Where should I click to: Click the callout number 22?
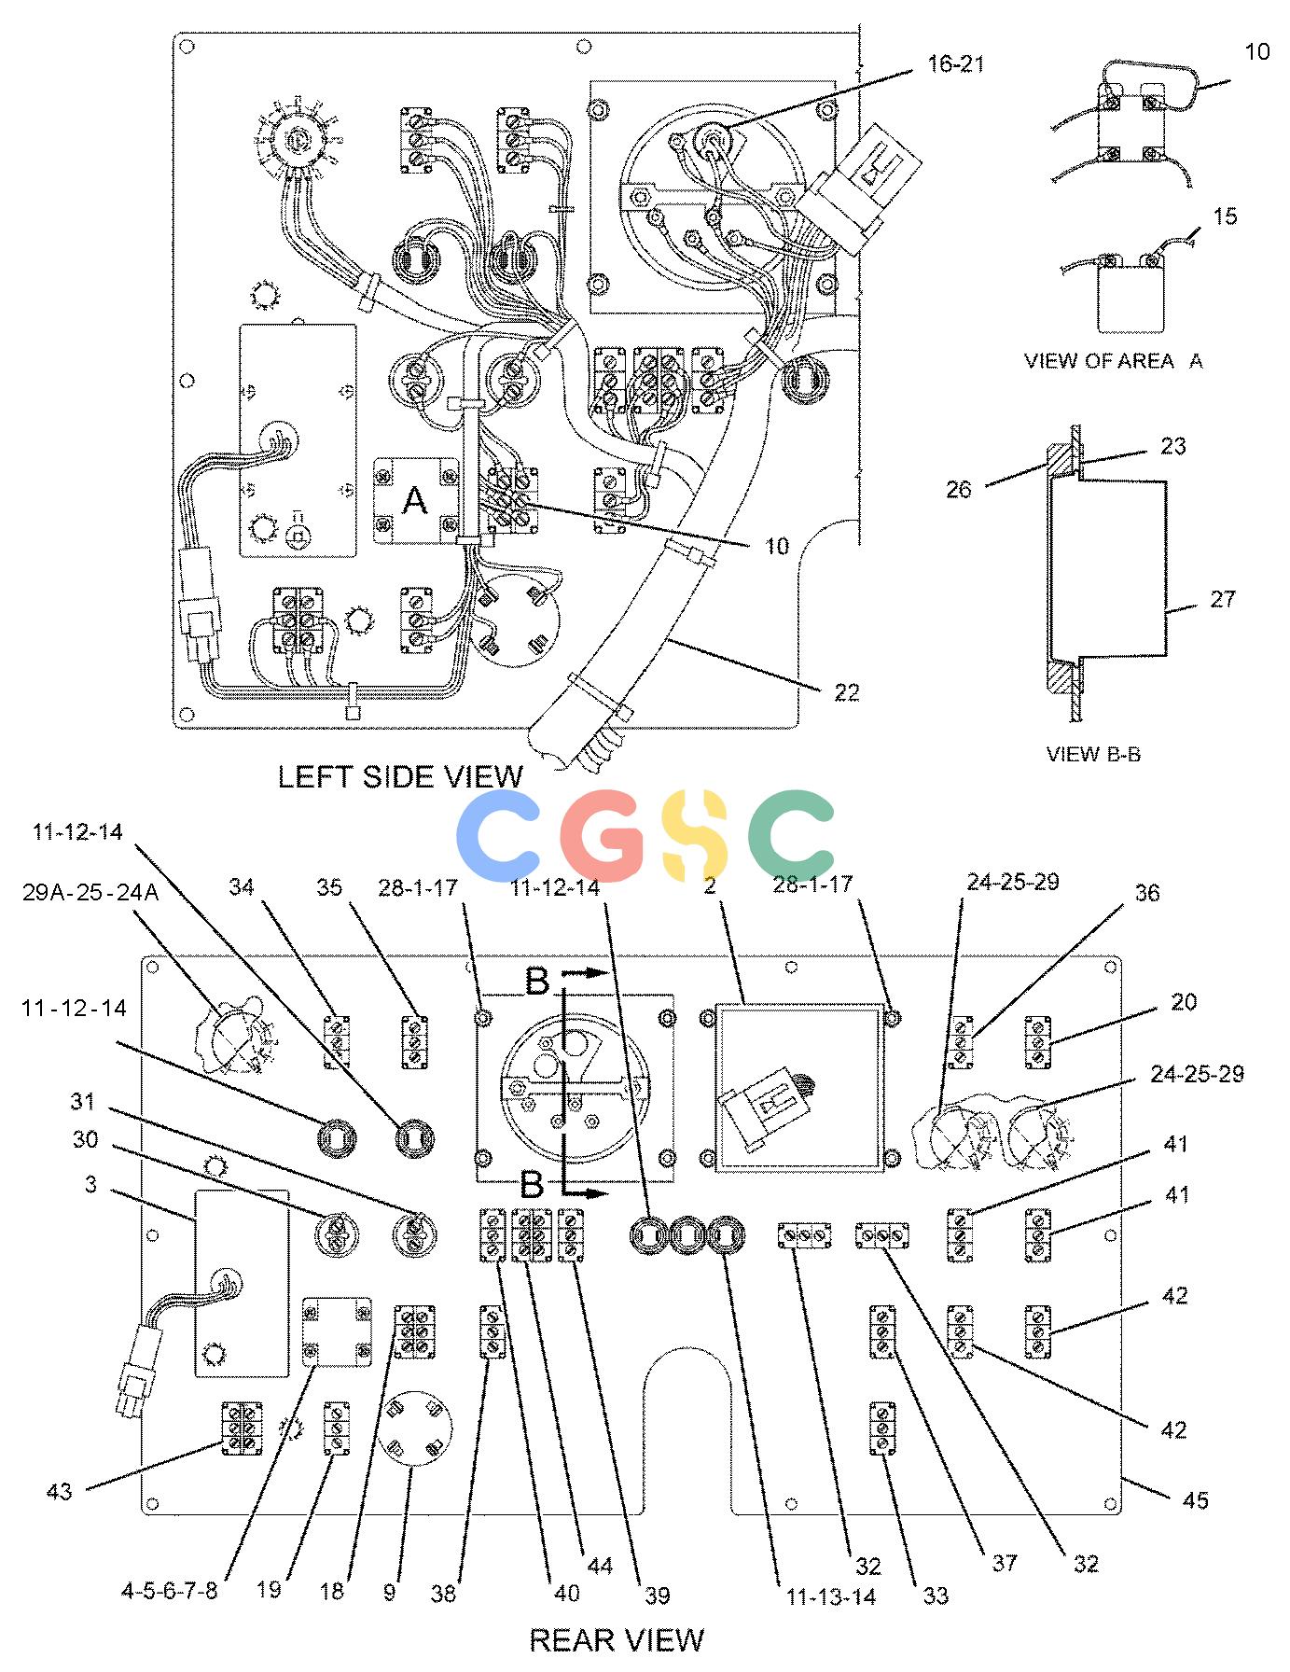tap(846, 692)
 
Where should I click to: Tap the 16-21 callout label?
tap(956, 64)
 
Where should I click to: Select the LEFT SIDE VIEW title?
tap(400, 776)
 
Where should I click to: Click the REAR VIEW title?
tap(617, 1638)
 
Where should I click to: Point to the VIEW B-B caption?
tap(1093, 754)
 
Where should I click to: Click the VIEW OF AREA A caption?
tap(1114, 361)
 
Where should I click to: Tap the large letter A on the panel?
tap(414, 501)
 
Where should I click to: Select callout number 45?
tap(1195, 1499)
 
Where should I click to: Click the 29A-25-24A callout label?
tap(90, 892)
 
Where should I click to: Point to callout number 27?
tap(1223, 599)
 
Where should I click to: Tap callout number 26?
tap(959, 489)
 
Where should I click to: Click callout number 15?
tap(1225, 216)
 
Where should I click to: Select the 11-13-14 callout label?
tap(831, 1596)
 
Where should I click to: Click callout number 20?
tap(1184, 1001)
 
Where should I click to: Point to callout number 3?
tap(90, 1185)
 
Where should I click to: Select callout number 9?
tap(389, 1591)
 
